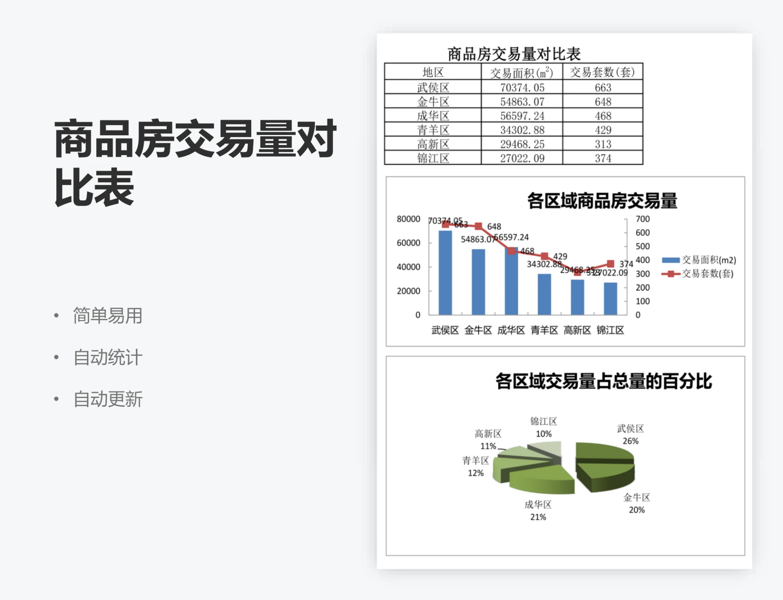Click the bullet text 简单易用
108,316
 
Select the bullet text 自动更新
108,399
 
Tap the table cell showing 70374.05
522,88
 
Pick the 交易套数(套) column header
602,72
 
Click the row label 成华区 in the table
433,116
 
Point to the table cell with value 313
603,144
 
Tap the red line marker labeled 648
479,226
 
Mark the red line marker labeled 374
610,264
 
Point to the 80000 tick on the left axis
408,219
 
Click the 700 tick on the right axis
642,219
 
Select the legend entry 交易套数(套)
698,273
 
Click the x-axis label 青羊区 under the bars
544,330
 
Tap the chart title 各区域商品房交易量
602,201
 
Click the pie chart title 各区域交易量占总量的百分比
604,381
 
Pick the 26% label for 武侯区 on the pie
630,441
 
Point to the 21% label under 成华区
538,517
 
